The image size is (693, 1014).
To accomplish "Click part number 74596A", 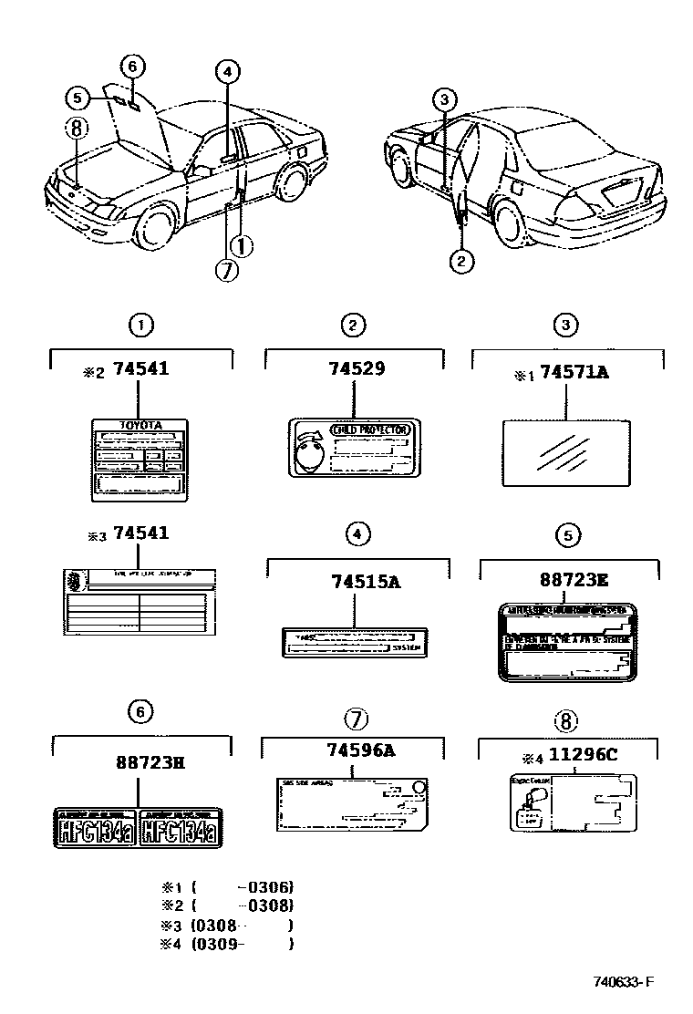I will tap(359, 750).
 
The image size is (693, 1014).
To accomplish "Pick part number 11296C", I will tap(584, 757).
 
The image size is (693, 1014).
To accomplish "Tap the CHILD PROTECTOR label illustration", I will tap(353, 447).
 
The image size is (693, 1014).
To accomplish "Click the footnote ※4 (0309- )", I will tap(228, 944).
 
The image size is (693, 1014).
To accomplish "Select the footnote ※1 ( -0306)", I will tap(228, 886).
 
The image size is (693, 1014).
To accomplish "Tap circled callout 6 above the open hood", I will tap(131, 66).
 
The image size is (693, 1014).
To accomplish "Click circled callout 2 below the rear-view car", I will tap(461, 262).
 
